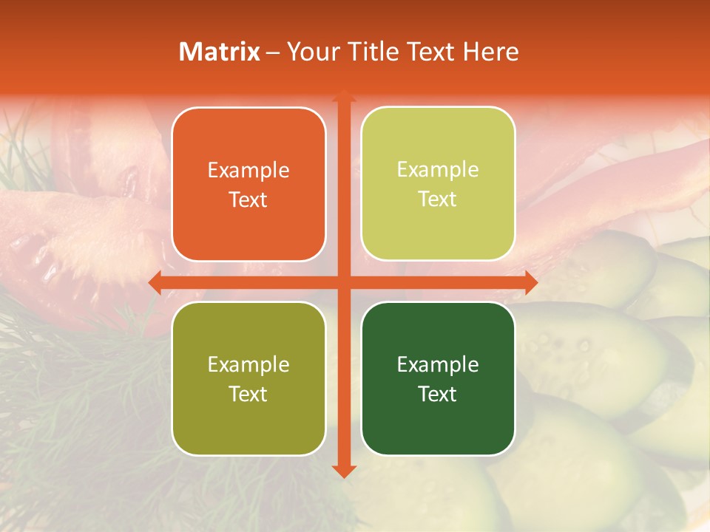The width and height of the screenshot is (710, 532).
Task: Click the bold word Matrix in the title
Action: point(220,52)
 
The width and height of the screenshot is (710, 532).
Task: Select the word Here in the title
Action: point(491,52)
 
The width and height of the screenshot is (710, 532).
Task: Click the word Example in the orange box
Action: point(248,171)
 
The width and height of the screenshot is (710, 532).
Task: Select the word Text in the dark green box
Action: point(438,394)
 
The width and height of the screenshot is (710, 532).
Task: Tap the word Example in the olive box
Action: point(248,365)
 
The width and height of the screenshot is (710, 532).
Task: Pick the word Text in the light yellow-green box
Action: point(438,199)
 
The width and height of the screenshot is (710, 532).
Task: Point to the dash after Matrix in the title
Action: point(273,52)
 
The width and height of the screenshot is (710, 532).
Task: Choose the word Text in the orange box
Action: point(248,199)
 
